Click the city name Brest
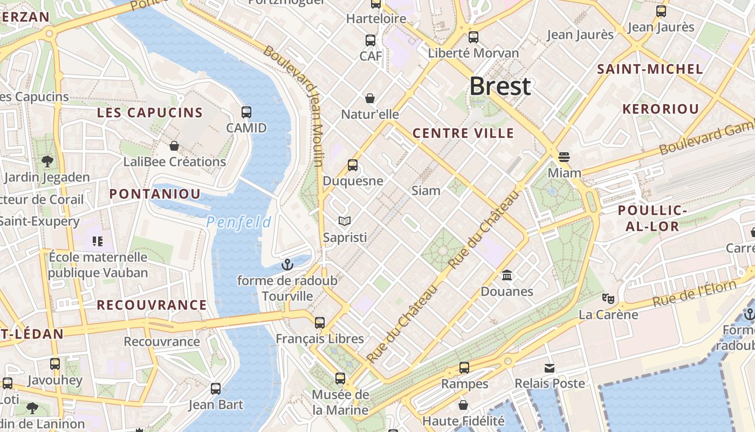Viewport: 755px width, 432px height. (500, 86)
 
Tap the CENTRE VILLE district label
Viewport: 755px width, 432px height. (463, 133)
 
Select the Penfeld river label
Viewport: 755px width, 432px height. (238, 222)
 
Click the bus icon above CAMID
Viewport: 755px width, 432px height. (246, 112)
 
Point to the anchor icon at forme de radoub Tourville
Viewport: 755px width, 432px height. (287, 265)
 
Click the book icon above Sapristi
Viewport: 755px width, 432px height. (345, 221)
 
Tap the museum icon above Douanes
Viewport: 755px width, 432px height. (507, 275)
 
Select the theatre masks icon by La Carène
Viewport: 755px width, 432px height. (608, 298)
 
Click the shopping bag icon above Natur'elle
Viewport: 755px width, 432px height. (370, 98)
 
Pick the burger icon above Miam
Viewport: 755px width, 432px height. (564, 157)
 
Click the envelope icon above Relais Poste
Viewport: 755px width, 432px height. (550, 368)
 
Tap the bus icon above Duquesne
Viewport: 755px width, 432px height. (353, 165)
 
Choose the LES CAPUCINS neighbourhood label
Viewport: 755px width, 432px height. (149, 113)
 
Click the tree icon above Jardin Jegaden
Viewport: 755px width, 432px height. (47, 161)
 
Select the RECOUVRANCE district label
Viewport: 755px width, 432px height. (152, 305)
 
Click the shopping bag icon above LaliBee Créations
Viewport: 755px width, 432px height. (174, 146)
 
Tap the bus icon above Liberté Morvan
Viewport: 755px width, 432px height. (473, 37)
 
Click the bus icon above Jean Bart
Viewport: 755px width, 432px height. (216, 389)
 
